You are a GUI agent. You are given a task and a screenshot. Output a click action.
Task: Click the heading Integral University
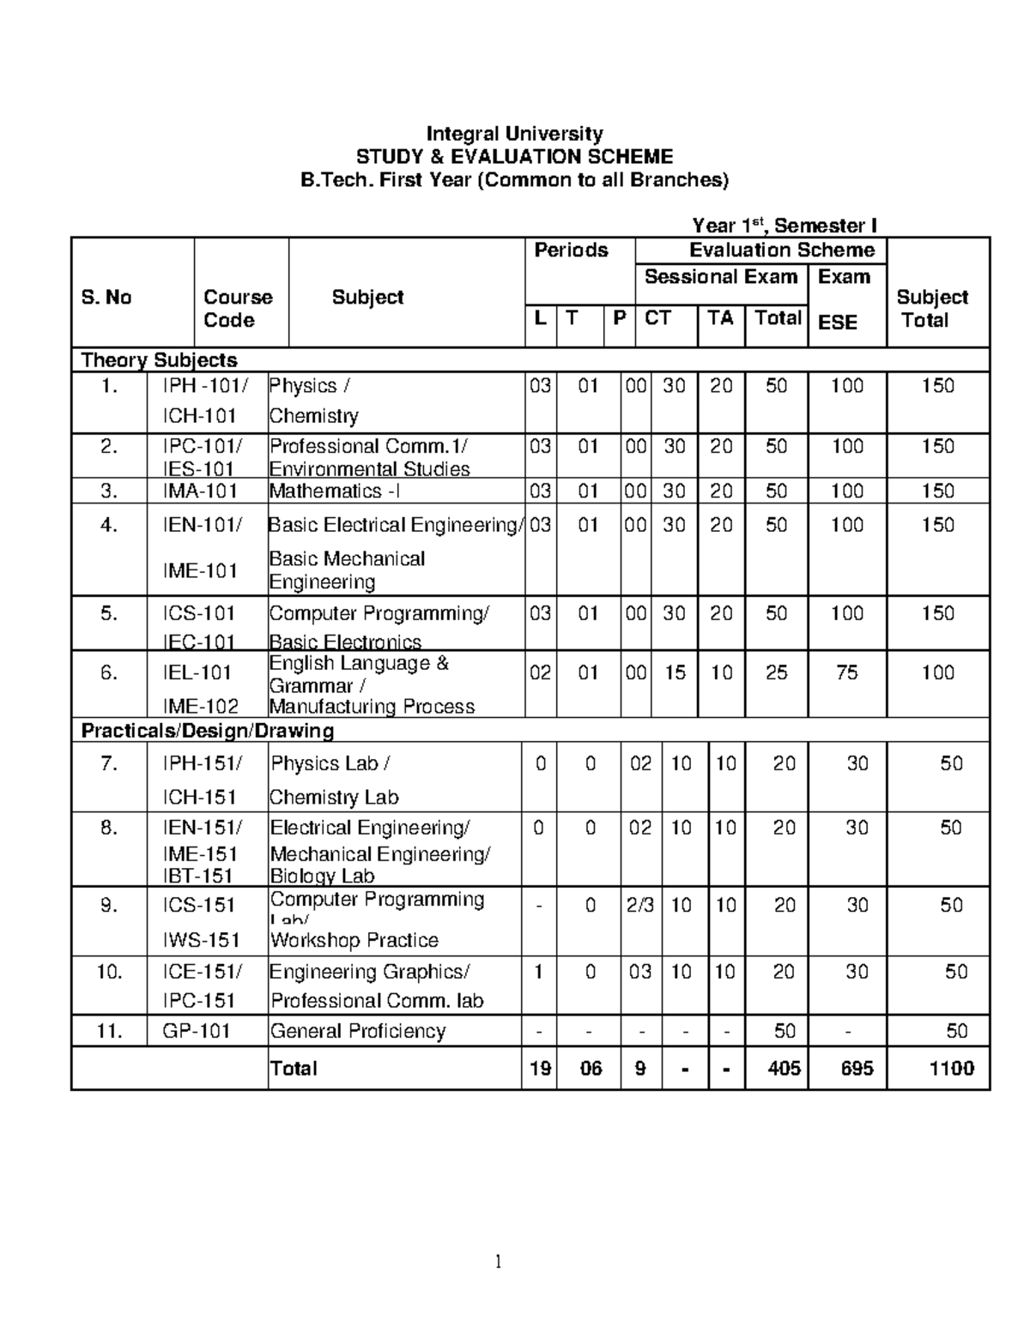[515, 134]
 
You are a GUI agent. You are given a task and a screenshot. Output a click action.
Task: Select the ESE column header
[837, 322]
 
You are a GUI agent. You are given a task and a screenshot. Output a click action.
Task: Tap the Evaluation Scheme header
[782, 250]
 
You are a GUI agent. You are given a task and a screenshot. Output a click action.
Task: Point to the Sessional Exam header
[721, 277]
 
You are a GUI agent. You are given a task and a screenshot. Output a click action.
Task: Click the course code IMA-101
[200, 491]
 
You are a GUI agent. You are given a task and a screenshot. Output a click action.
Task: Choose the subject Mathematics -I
[335, 491]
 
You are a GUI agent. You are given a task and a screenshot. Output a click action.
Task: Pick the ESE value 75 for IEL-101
[846, 673]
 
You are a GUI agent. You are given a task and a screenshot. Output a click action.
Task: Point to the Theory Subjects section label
[159, 360]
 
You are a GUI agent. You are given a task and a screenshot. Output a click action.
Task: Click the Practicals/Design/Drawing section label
[207, 731]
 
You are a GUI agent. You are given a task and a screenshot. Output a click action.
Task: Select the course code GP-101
[197, 1031]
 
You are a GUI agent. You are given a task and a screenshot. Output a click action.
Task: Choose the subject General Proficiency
[358, 1031]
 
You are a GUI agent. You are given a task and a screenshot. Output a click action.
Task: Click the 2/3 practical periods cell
[640, 906]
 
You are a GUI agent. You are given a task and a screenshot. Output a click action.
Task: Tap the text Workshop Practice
[354, 941]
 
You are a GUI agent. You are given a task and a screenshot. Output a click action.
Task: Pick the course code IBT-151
[199, 877]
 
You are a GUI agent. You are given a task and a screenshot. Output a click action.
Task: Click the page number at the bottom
[497, 1262]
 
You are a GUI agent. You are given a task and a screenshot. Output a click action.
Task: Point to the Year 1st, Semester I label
[785, 226]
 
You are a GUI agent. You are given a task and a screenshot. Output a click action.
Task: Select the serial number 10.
[109, 972]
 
